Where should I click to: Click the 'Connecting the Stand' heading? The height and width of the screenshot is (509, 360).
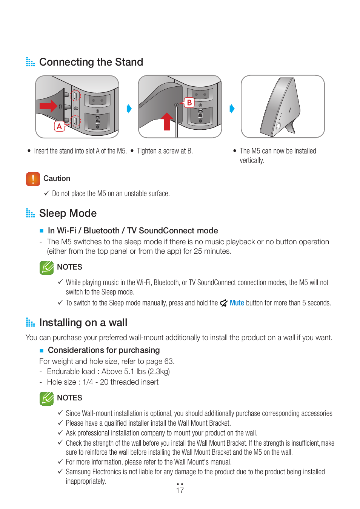point(91,62)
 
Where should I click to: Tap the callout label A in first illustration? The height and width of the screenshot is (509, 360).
point(59,126)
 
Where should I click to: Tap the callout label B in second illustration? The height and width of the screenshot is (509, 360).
point(189,103)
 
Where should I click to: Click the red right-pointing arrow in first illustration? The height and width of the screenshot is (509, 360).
point(48,106)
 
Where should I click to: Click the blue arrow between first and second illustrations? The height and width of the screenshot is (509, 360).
point(129,109)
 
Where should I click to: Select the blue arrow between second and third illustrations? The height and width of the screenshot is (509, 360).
point(232,109)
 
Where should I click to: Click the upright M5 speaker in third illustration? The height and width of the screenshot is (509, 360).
point(281,107)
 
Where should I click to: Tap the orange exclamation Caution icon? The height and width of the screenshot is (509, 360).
point(33,179)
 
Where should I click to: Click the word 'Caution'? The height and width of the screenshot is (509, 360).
point(57,178)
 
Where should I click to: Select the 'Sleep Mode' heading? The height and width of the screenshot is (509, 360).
point(68,213)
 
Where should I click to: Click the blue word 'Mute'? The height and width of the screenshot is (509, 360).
point(237,303)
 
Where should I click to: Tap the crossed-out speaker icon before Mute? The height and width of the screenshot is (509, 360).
point(224,303)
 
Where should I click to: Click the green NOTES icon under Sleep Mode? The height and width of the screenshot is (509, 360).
point(46,267)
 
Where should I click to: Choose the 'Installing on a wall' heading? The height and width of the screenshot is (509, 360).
point(83,322)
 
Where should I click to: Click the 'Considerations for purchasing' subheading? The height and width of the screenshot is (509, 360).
point(104,350)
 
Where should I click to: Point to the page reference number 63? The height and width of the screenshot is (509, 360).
point(169,361)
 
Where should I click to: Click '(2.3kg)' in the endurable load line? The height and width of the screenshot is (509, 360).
point(159,371)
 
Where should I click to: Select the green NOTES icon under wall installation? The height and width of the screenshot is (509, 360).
point(46,398)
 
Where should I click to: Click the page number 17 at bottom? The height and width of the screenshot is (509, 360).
point(180,491)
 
